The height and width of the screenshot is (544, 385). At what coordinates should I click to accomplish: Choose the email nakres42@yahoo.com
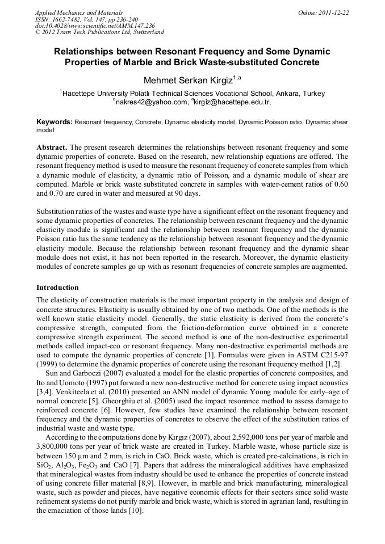click(152, 102)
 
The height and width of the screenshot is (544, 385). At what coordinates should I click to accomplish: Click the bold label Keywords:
click(55, 122)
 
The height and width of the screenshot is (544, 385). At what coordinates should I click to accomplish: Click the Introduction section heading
click(57, 288)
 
